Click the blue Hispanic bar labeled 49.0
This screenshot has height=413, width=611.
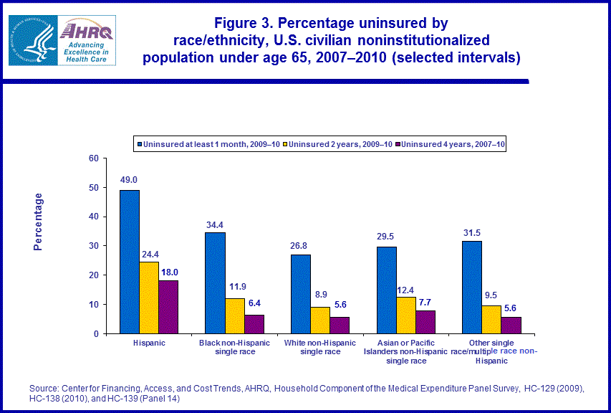click(x=130, y=262)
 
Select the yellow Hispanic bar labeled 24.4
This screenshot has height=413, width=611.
click(x=149, y=298)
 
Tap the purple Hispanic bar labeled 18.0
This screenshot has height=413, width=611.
click(x=168, y=307)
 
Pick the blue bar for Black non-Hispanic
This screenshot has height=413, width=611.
click(x=216, y=283)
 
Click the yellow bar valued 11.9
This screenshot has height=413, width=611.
click(x=235, y=315)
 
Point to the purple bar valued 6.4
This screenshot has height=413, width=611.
click(x=254, y=324)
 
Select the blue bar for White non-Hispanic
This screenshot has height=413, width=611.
click(x=301, y=294)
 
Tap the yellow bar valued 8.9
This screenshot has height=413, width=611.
click(x=320, y=320)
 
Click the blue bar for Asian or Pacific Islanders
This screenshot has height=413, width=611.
click(x=387, y=290)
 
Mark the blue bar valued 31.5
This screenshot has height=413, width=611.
click(x=473, y=287)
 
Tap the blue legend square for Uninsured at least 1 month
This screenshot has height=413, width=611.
click(x=140, y=144)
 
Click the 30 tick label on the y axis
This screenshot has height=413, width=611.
click(x=93, y=246)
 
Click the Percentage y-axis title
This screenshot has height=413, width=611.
click(x=39, y=222)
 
